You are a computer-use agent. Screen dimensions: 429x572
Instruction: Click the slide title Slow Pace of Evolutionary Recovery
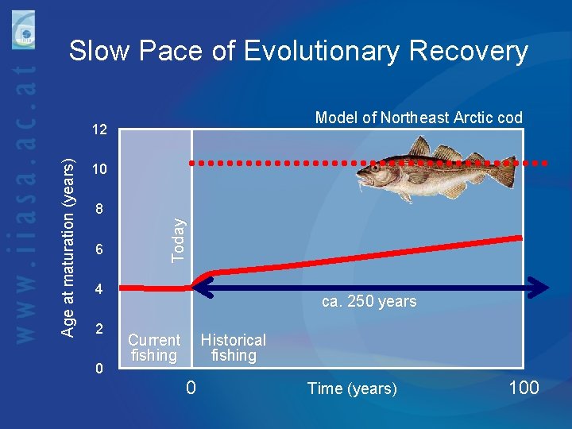pos(298,51)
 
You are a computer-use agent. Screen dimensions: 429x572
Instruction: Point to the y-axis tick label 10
pos(99,170)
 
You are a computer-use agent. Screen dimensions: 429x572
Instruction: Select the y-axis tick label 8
pos(99,210)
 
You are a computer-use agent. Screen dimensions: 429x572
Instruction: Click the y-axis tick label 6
pos(99,249)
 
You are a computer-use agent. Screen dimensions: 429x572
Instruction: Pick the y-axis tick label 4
pos(99,289)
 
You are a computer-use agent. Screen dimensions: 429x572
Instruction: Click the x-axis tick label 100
pos(523,388)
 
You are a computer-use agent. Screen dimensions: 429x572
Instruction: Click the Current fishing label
pos(154,348)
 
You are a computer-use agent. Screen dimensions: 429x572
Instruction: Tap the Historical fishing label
pos(233,348)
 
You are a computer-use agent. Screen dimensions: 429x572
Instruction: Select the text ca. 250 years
pos(369,301)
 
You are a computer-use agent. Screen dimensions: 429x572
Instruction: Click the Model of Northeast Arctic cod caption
pos(419,118)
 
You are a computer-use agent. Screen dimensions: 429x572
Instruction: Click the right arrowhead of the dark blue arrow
pos(541,288)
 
